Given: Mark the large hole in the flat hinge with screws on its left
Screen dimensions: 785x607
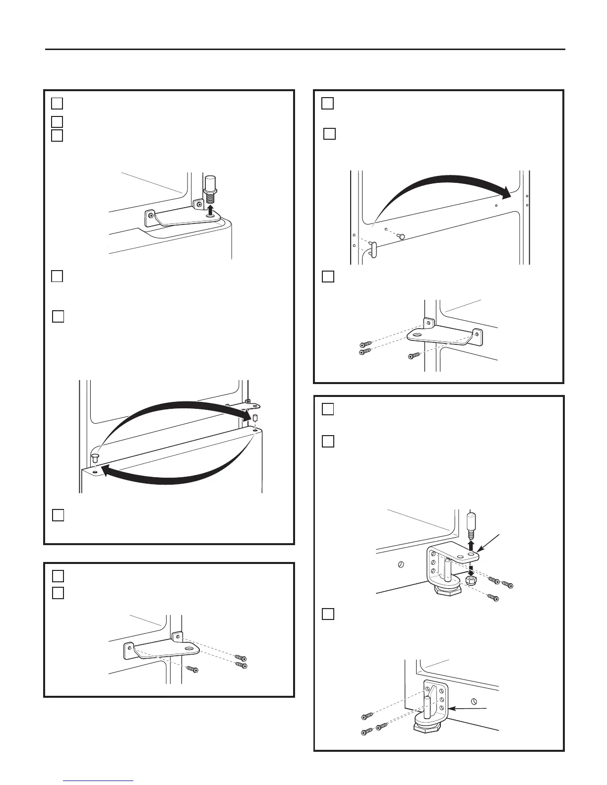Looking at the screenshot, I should (x=416, y=336).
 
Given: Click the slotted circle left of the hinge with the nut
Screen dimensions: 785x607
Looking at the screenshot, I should (x=402, y=564).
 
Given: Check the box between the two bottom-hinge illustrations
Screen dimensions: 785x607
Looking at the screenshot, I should (x=328, y=614).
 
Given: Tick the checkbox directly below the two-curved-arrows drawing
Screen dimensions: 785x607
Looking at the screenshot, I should (x=58, y=515).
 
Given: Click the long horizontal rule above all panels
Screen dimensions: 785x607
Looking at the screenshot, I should (x=305, y=49).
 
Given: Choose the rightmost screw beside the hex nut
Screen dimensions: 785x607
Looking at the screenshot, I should (x=507, y=585).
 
